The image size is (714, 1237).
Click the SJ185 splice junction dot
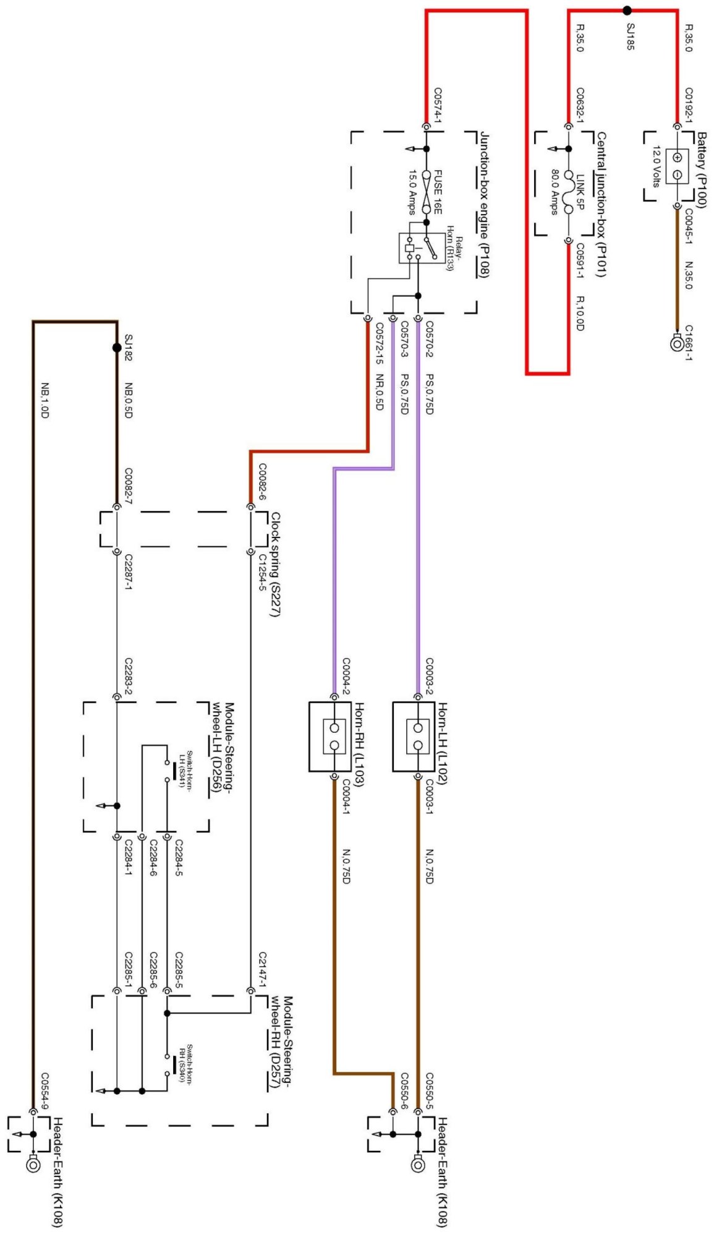(x=627, y=11)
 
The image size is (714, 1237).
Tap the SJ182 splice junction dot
(x=117, y=348)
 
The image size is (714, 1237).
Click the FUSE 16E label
(x=438, y=192)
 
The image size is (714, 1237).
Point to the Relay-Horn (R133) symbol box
(x=421, y=248)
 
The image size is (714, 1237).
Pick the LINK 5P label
(x=580, y=192)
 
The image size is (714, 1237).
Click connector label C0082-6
(x=262, y=482)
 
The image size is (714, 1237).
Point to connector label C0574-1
(x=438, y=105)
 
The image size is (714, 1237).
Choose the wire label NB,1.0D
(x=45, y=400)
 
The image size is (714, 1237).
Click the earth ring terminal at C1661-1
(x=677, y=343)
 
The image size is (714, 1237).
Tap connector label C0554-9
(x=45, y=1091)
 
